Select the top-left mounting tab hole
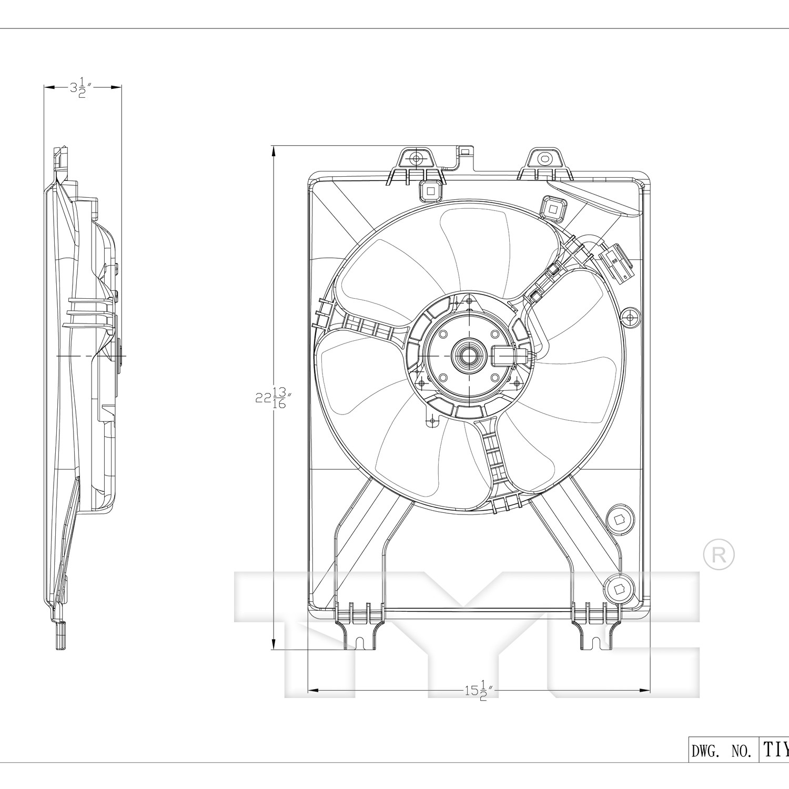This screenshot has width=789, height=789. [416, 158]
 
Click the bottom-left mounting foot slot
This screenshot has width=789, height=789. [360, 643]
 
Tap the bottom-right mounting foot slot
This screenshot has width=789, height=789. [594, 643]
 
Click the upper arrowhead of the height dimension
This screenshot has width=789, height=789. [274, 150]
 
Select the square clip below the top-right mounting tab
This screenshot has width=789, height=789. [553, 208]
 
